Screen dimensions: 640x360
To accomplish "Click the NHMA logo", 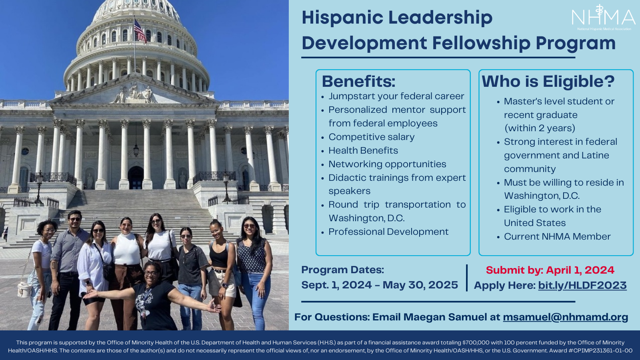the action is coord(604,18).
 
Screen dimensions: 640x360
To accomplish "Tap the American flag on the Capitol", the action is coord(140,31).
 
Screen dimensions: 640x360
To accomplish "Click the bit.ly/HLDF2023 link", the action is coord(582,286).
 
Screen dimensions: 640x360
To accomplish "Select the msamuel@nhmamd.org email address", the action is coord(566,317).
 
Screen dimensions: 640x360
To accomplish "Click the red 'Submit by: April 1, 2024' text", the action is coord(550,270).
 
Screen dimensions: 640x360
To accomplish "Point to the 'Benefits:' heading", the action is coord(358,82).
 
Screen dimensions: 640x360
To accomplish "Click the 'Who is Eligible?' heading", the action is coord(548,82).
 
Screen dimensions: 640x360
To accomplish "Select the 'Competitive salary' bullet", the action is coord(372,137).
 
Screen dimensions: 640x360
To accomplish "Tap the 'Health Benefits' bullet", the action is coord(363,150).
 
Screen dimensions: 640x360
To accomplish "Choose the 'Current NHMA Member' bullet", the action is coord(557,236).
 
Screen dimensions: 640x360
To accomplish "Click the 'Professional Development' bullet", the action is coord(388,232).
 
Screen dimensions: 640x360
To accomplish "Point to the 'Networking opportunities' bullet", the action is coord(387,164).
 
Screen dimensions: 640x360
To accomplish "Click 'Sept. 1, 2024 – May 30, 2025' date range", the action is coord(380,285).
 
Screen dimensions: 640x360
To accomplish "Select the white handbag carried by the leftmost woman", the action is coord(24,290).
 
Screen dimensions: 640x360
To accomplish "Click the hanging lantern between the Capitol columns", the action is coord(136,150).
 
